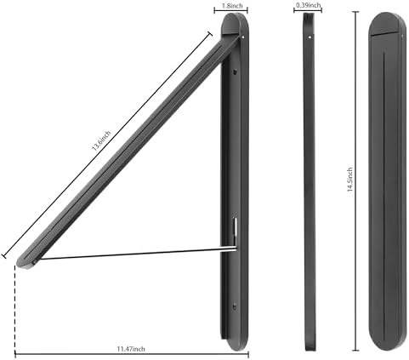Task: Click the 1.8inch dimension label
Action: [x=231, y=6]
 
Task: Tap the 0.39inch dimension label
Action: [x=308, y=5]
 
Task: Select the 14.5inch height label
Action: [x=350, y=180]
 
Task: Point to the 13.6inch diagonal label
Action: [x=101, y=140]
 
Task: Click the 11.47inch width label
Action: [x=131, y=349]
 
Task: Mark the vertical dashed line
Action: [x=14, y=309]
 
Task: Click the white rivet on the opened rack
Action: [x=244, y=37]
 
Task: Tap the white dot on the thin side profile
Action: [x=310, y=37]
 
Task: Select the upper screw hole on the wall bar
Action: [x=235, y=71]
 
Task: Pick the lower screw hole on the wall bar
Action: [x=235, y=306]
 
